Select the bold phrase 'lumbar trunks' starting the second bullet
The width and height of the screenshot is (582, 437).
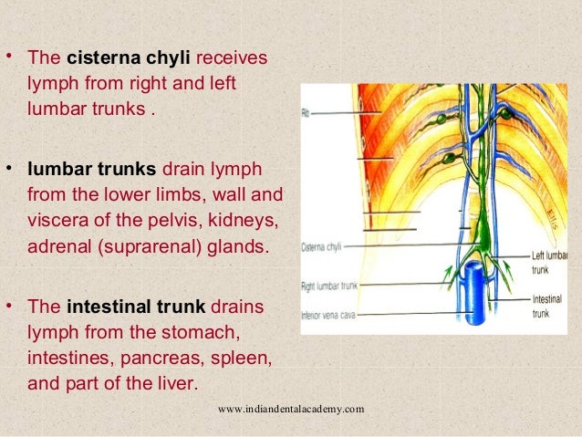[93, 171]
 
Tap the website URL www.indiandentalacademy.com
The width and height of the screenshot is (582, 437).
[292, 409]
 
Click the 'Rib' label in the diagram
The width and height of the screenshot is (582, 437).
[306, 113]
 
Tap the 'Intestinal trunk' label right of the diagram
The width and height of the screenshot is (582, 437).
[549, 305]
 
